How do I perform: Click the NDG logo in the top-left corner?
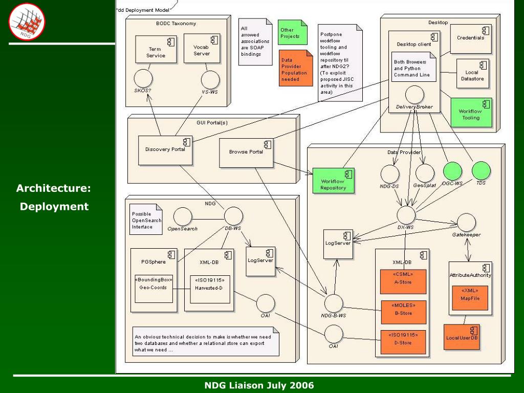click(x=27, y=21)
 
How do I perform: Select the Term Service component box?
click(x=156, y=50)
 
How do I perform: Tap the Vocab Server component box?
click(x=202, y=48)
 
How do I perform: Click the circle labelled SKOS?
click(x=143, y=78)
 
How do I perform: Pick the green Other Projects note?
click(x=292, y=32)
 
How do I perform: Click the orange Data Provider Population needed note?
click(x=296, y=68)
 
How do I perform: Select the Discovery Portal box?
click(x=165, y=150)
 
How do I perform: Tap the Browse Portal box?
click(x=246, y=153)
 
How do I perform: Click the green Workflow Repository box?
click(x=333, y=181)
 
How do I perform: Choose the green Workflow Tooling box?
click(x=471, y=113)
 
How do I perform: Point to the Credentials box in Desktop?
click(x=471, y=39)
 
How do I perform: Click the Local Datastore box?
click(x=472, y=74)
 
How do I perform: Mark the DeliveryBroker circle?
click(x=414, y=95)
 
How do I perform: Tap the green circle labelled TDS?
click(x=481, y=170)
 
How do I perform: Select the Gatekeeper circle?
click(x=466, y=223)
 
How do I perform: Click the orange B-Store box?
click(x=404, y=312)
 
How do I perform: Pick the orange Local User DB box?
click(x=462, y=337)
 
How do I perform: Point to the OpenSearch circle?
click(x=183, y=216)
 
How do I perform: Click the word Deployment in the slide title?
click(x=54, y=207)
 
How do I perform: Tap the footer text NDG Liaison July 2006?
click(x=259, y=385)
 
